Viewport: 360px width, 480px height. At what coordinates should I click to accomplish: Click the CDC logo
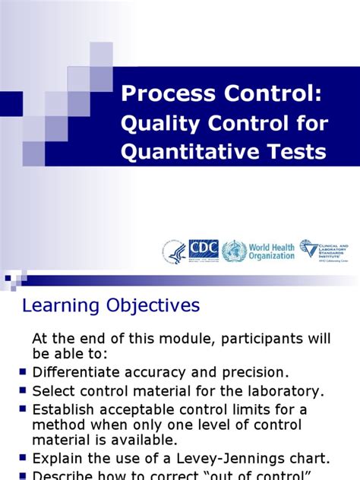[203, 250]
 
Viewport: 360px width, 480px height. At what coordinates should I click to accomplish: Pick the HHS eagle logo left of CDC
[173, 251]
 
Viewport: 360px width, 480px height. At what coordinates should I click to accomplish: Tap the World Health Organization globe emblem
[234, 251]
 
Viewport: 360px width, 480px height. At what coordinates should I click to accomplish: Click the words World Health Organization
[271, 251]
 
